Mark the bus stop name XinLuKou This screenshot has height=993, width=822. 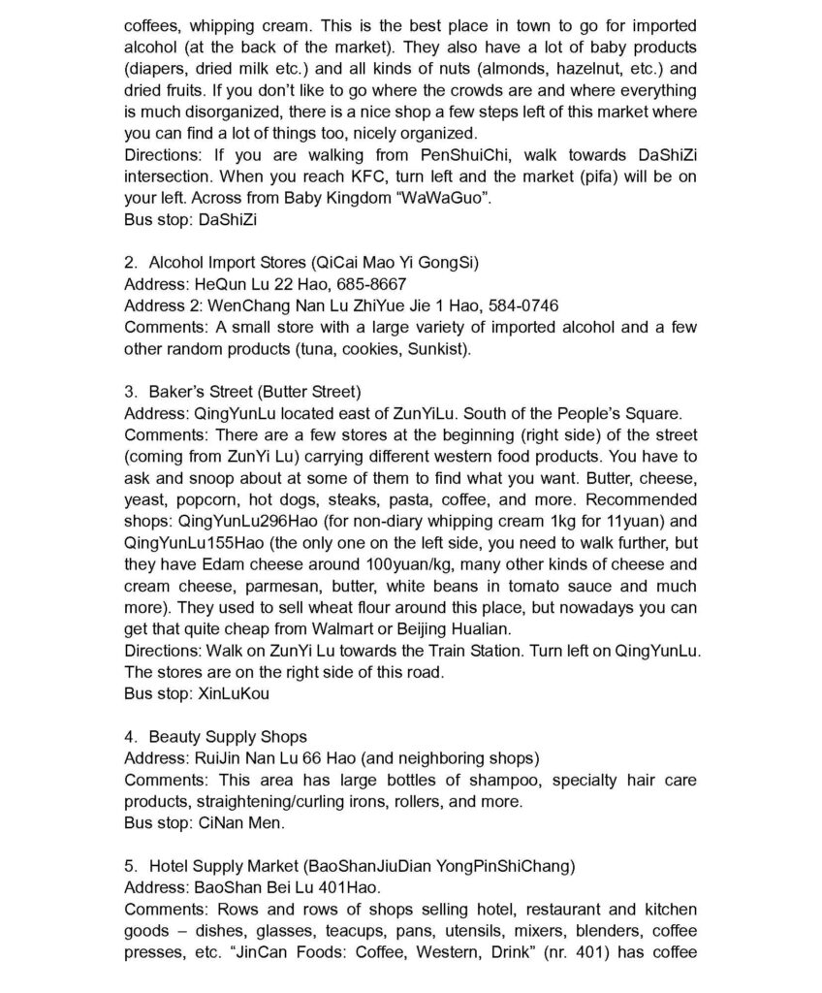234,693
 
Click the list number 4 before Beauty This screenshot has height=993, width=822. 130,736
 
